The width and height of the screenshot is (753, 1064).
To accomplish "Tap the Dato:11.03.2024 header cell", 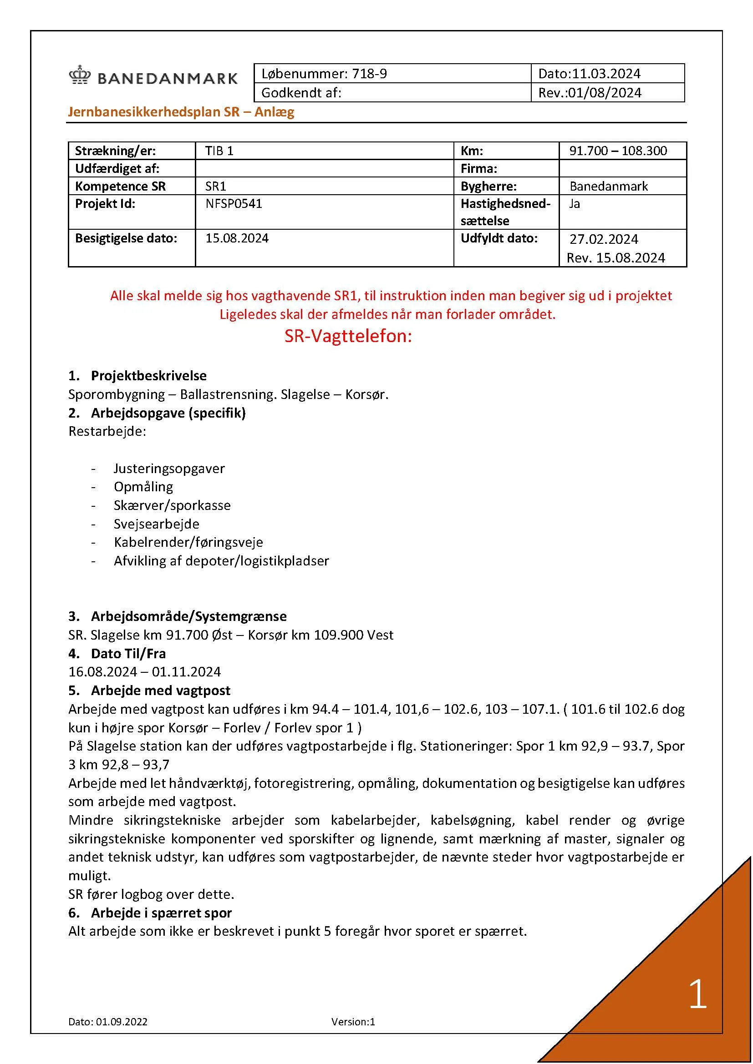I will pyautogui.click(x=589, y=74).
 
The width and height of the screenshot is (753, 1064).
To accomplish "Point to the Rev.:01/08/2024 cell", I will pyautogui.click(x=589, y=93).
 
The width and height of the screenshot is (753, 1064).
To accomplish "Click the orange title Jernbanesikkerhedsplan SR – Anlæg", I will pyautogui.click(x=181, y=112).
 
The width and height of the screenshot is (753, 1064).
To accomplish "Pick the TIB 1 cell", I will pyautogui.click(x=219, y=151).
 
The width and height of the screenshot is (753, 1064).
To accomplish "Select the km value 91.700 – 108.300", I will pyautogui.click(x=618, y=151).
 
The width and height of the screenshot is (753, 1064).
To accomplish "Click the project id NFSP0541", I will pyautogui.click(x=234, y=204).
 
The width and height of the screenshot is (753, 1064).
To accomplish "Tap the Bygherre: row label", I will pyautogui.click(x=488, y=187).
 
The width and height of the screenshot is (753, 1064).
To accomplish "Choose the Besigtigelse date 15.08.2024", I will pyautogui.click(x=237, y=238).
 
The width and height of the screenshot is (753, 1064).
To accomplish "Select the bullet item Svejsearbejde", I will pyautogui.click(x=156, y=524).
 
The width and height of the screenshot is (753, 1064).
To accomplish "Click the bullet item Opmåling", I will pyautogui.click(x=143, y=487).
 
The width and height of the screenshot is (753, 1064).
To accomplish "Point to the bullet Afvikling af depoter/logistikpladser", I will pyautogui.click(x=221, y=561).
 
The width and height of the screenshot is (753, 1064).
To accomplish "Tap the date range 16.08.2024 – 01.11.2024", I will pyautogui.click(x=145, y=672).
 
